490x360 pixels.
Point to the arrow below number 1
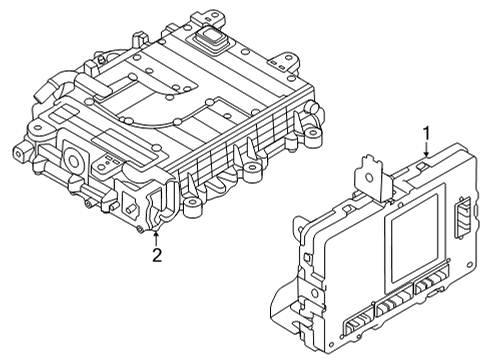click(426, 151)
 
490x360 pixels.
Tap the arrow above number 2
click(156, 234)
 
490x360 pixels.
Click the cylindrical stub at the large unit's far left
click(19, 154)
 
